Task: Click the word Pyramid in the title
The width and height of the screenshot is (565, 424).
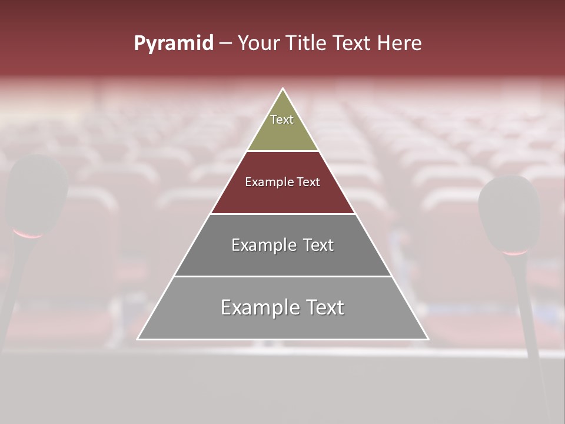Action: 173,44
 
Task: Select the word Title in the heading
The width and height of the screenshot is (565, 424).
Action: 307,44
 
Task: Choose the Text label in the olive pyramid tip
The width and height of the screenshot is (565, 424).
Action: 282,120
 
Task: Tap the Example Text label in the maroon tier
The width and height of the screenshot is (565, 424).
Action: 282,182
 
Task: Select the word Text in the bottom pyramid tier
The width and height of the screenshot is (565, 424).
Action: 324,307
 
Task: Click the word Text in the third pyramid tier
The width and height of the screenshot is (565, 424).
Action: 318,245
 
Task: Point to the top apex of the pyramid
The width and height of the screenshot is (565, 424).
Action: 283,89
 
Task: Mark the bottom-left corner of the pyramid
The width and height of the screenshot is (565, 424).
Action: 138,339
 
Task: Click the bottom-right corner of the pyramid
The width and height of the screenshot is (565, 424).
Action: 428,339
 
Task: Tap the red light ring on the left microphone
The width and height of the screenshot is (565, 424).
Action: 28,235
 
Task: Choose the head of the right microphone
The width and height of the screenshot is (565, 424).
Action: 509,212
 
